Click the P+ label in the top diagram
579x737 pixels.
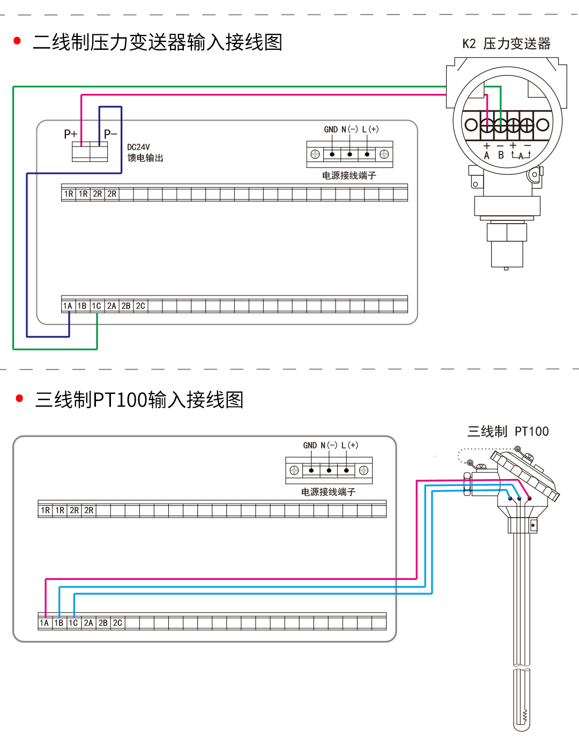tap(70, 134)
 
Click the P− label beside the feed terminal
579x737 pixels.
tap(110, 134)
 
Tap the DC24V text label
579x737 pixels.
tap(138, 147)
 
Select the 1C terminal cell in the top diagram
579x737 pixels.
tap(96, 306)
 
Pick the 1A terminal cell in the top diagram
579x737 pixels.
tap(68, 306)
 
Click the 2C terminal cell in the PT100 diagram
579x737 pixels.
tap(117, 623)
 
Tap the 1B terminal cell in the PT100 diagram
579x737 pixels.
tap(59, 623)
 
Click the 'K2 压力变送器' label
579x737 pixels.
tap(506, 44)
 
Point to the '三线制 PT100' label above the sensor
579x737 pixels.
tap(508, 431)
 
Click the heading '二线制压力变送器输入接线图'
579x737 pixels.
tap(157, 42)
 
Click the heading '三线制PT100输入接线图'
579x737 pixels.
tap(139, 400)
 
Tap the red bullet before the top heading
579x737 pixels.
tap(17, 41)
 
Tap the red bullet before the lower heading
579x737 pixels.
tap(20, 398)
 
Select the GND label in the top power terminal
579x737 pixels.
tap(331, 129)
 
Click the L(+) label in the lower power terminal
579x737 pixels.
tap(350, 445)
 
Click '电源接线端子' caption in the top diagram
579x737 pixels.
tap(349, 175)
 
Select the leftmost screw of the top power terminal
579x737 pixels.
tap(315, 154)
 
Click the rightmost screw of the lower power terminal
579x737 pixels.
tap(363, 470)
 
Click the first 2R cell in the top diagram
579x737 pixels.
tap(97, 194)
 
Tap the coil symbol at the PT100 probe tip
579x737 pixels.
tap(524, 716)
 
